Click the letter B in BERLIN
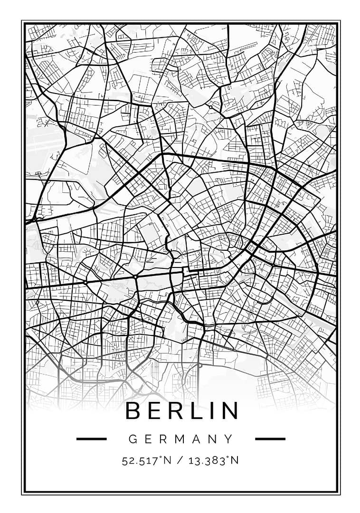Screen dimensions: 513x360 134,411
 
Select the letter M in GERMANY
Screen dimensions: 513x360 179,439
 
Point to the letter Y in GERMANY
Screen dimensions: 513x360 229,439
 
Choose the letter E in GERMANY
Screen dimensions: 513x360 148,439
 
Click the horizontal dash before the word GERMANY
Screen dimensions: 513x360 91,439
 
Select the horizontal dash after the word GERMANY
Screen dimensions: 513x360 270,439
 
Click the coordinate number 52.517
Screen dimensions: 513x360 138,460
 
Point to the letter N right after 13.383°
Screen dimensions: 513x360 235,460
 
